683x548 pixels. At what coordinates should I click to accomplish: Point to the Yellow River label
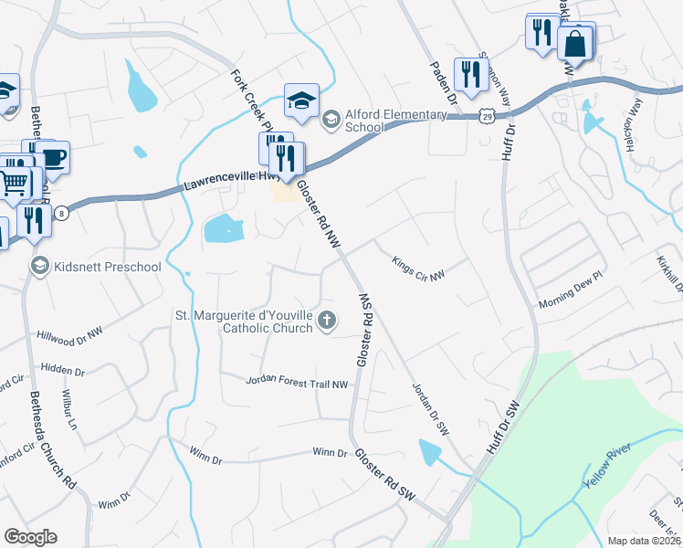(x=609, y=467)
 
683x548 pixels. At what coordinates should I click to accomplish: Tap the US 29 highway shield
(x=489, y=116)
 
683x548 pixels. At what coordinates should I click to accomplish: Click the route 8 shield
(x=61, y=213)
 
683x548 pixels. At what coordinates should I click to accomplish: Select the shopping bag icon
(x=575, y=42)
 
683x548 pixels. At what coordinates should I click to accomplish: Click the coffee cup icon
(x=54, y=156)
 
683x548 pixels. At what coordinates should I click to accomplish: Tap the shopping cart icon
(x=14, y=183)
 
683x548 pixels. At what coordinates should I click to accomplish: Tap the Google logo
(x=30, y=537)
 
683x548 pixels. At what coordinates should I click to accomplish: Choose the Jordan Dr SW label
(x=429, y=407)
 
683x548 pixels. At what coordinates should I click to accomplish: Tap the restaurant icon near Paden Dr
(x=471, y=74)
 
